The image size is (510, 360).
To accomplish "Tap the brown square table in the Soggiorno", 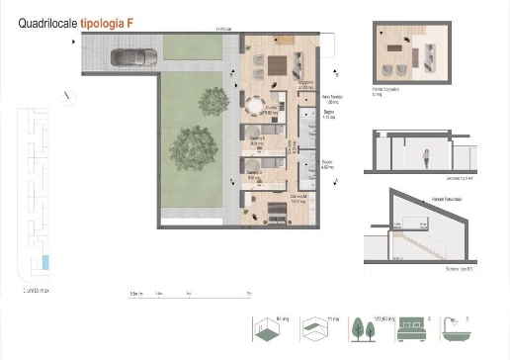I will (x=277, y=65).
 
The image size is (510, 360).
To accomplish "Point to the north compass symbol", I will (x=66, y=96).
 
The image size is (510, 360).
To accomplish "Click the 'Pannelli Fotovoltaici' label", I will (x=420, y=199).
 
